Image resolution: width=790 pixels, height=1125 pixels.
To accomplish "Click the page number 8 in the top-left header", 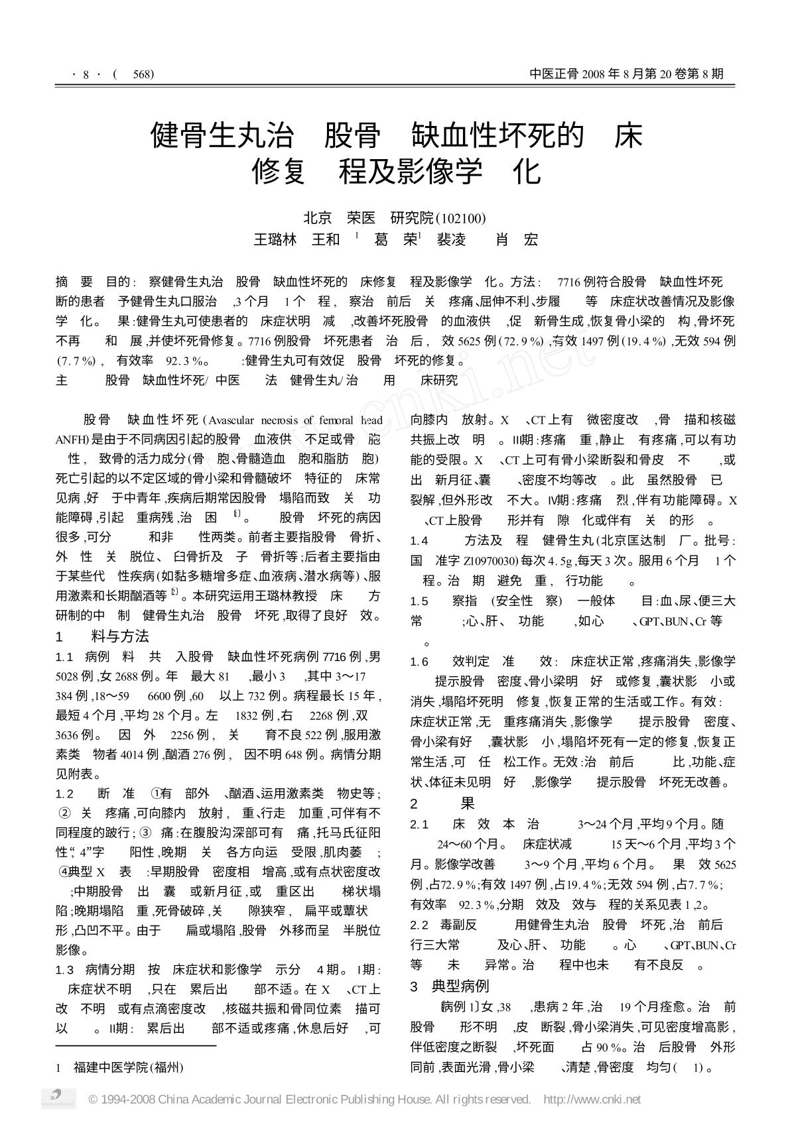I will (86, 74).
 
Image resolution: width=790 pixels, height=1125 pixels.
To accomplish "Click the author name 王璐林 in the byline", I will (275, 239).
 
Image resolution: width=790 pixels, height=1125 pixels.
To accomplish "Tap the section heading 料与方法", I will (119, 636).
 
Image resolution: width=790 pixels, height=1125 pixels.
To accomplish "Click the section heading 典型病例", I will (460, 985).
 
